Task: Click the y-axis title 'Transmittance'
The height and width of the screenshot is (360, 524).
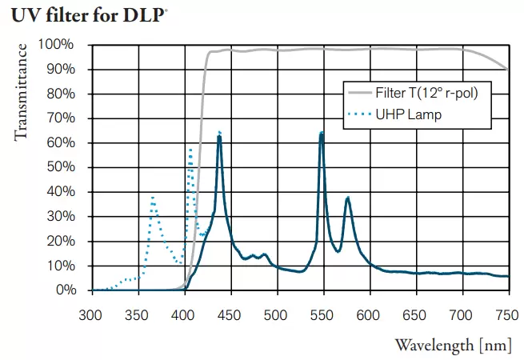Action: tap(22, 92)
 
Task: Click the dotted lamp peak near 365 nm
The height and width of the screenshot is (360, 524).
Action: tap(153, 197)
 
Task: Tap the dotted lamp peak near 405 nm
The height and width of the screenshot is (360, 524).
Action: tap(190, 148)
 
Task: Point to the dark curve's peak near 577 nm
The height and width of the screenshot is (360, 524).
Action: tap(348, 198)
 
